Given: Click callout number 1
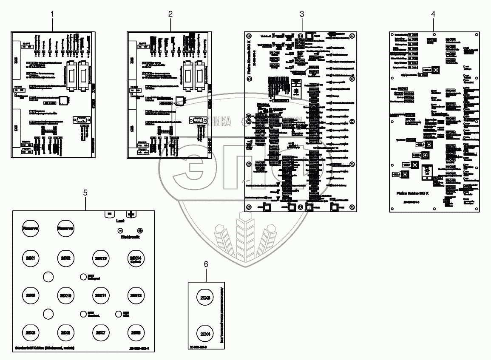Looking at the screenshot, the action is pyautogui.click(x=53, y=14).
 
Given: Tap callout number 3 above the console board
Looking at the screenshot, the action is pyautogui.click(x=301, y=14).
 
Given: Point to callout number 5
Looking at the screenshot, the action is pyautogui.click(x=85, y=193).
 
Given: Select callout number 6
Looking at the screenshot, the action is pyautogui.click(x=206, y=264).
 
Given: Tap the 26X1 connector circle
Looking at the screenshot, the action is pyautogui.click(x=30, y=258).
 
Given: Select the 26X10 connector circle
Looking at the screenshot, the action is pyautogui.click(x=65, y=295).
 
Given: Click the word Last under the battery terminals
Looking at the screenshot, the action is pyautogui.click(x=120, y=221).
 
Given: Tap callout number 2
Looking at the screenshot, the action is pyautogui.click(x=170, y=14).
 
